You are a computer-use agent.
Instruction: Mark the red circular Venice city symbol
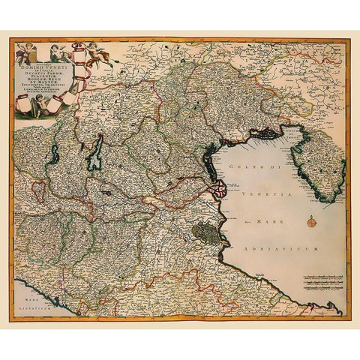(x=217, y=190)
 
